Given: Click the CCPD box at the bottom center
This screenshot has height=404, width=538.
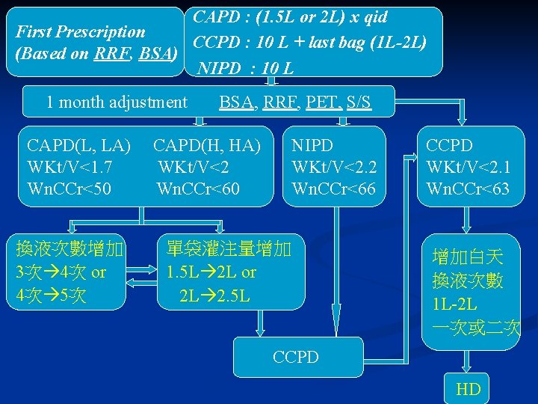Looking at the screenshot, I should pyautogui.click(x=297, y=357).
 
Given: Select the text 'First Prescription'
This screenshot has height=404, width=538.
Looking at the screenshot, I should pyautogui.click(x=81, y=32).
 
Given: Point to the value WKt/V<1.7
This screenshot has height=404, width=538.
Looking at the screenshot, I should pyautogui.click(x=69, y=166).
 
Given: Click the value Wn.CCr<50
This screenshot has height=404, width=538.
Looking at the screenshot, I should pyautogui.click(x=69, y=189).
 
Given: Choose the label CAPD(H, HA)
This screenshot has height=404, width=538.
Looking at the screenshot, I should pyautogui.click(x=207, y=144).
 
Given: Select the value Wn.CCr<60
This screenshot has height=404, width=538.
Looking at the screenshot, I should pyautogui.click(x=198, y=189).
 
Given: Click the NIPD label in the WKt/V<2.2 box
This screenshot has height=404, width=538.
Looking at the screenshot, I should pyautogui.click(x=312, y=144).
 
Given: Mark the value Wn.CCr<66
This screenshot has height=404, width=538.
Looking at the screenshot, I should pyautogui.click(x=333, y=189).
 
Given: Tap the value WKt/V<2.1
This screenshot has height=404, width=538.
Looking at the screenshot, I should pyautogui.click(x=468, y=166).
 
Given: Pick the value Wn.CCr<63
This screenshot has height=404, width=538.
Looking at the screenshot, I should pyautogui.click(x=468, y=189).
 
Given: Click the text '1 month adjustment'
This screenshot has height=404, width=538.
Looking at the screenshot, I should pyautogui.click(x=117, y=102).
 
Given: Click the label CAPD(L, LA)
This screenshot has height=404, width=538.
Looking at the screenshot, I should pyautogui.click(x=78, y=144).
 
